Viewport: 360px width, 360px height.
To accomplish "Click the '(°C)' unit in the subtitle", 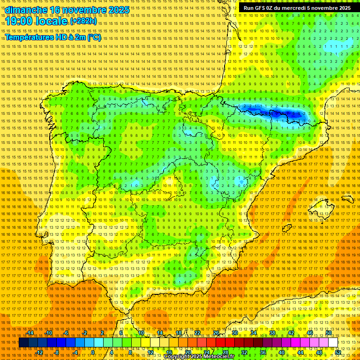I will [94, 37].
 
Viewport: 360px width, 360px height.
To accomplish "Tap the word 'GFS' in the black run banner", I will [262, 8].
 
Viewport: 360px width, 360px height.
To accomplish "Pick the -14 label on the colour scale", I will [30, 333].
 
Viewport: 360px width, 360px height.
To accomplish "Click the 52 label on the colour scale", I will [338, 352].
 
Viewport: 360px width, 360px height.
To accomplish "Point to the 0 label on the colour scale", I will [93, 352].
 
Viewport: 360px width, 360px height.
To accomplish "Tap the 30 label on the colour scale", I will [234, 333].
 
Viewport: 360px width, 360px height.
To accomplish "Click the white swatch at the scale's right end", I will [333, 343].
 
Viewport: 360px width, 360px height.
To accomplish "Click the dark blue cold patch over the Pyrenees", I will [277, 113].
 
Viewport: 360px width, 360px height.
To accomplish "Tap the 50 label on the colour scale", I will [329, 333].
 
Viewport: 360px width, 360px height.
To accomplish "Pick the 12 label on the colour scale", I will [150, 352].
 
